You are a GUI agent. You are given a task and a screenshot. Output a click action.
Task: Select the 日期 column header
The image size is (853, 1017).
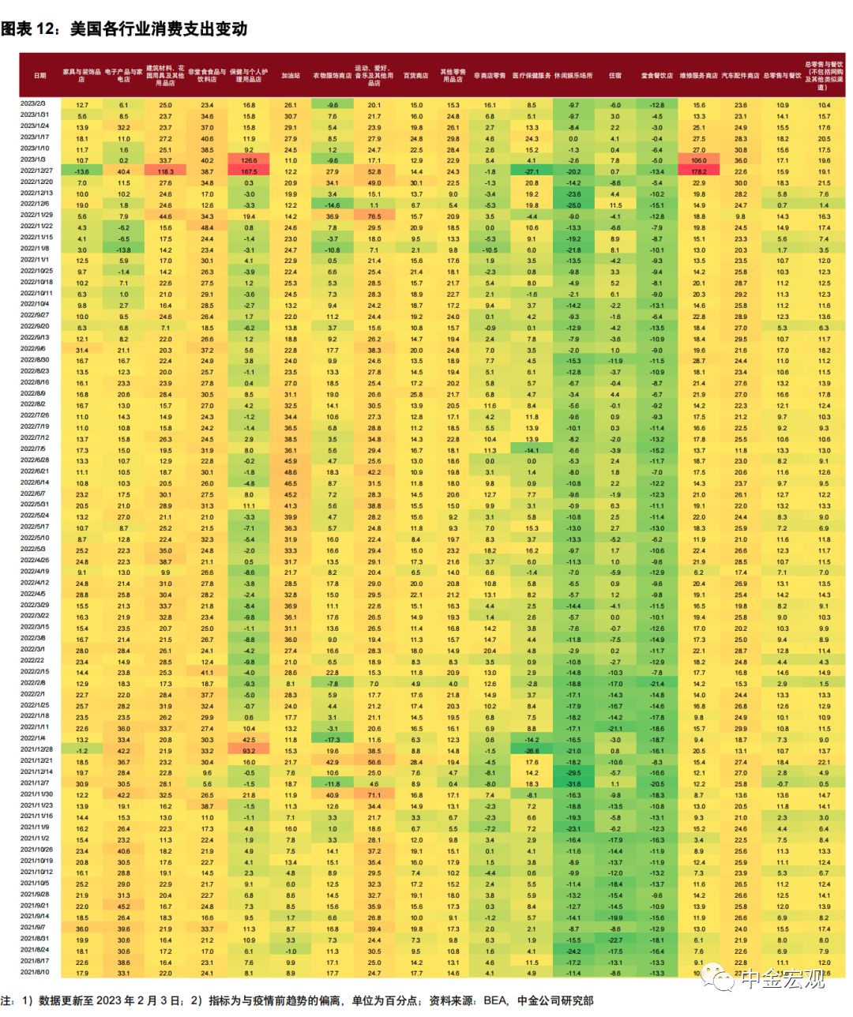[39, 76]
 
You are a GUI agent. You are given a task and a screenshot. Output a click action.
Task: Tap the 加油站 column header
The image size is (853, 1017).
[291, 76]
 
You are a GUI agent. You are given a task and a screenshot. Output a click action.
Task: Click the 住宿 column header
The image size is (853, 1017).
[615, 76]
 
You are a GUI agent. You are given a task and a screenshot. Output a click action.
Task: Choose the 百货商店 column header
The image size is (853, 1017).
[415, 76]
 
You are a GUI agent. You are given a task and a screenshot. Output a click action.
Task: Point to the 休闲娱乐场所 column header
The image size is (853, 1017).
[573, 76]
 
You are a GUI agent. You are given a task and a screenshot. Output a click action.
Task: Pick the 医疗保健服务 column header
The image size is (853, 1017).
[532, 76]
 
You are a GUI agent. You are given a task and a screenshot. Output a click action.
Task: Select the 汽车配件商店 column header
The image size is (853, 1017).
[741, 76]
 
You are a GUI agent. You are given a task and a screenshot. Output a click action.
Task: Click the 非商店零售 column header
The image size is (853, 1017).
[490, 76]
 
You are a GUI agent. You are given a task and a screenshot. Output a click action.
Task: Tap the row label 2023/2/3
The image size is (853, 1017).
[33, 104]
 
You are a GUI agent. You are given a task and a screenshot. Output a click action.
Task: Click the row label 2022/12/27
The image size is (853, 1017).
[36, 171]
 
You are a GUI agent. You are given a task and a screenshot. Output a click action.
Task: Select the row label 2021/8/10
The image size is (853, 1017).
[34, 972]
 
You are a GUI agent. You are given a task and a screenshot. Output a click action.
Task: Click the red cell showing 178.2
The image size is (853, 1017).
[699, 171]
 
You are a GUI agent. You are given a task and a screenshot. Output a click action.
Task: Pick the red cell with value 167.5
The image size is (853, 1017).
[249, 171]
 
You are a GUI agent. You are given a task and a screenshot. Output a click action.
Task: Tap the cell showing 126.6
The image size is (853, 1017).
[249, 160]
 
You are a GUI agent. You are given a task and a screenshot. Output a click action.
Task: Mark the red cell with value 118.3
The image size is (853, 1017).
[165, 171]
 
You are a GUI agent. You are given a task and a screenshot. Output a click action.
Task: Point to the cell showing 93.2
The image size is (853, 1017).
[249, 751]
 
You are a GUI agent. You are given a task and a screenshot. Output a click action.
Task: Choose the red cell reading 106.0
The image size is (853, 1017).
[699, 160]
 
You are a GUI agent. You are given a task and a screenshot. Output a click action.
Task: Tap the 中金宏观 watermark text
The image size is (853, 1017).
[786, 978]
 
